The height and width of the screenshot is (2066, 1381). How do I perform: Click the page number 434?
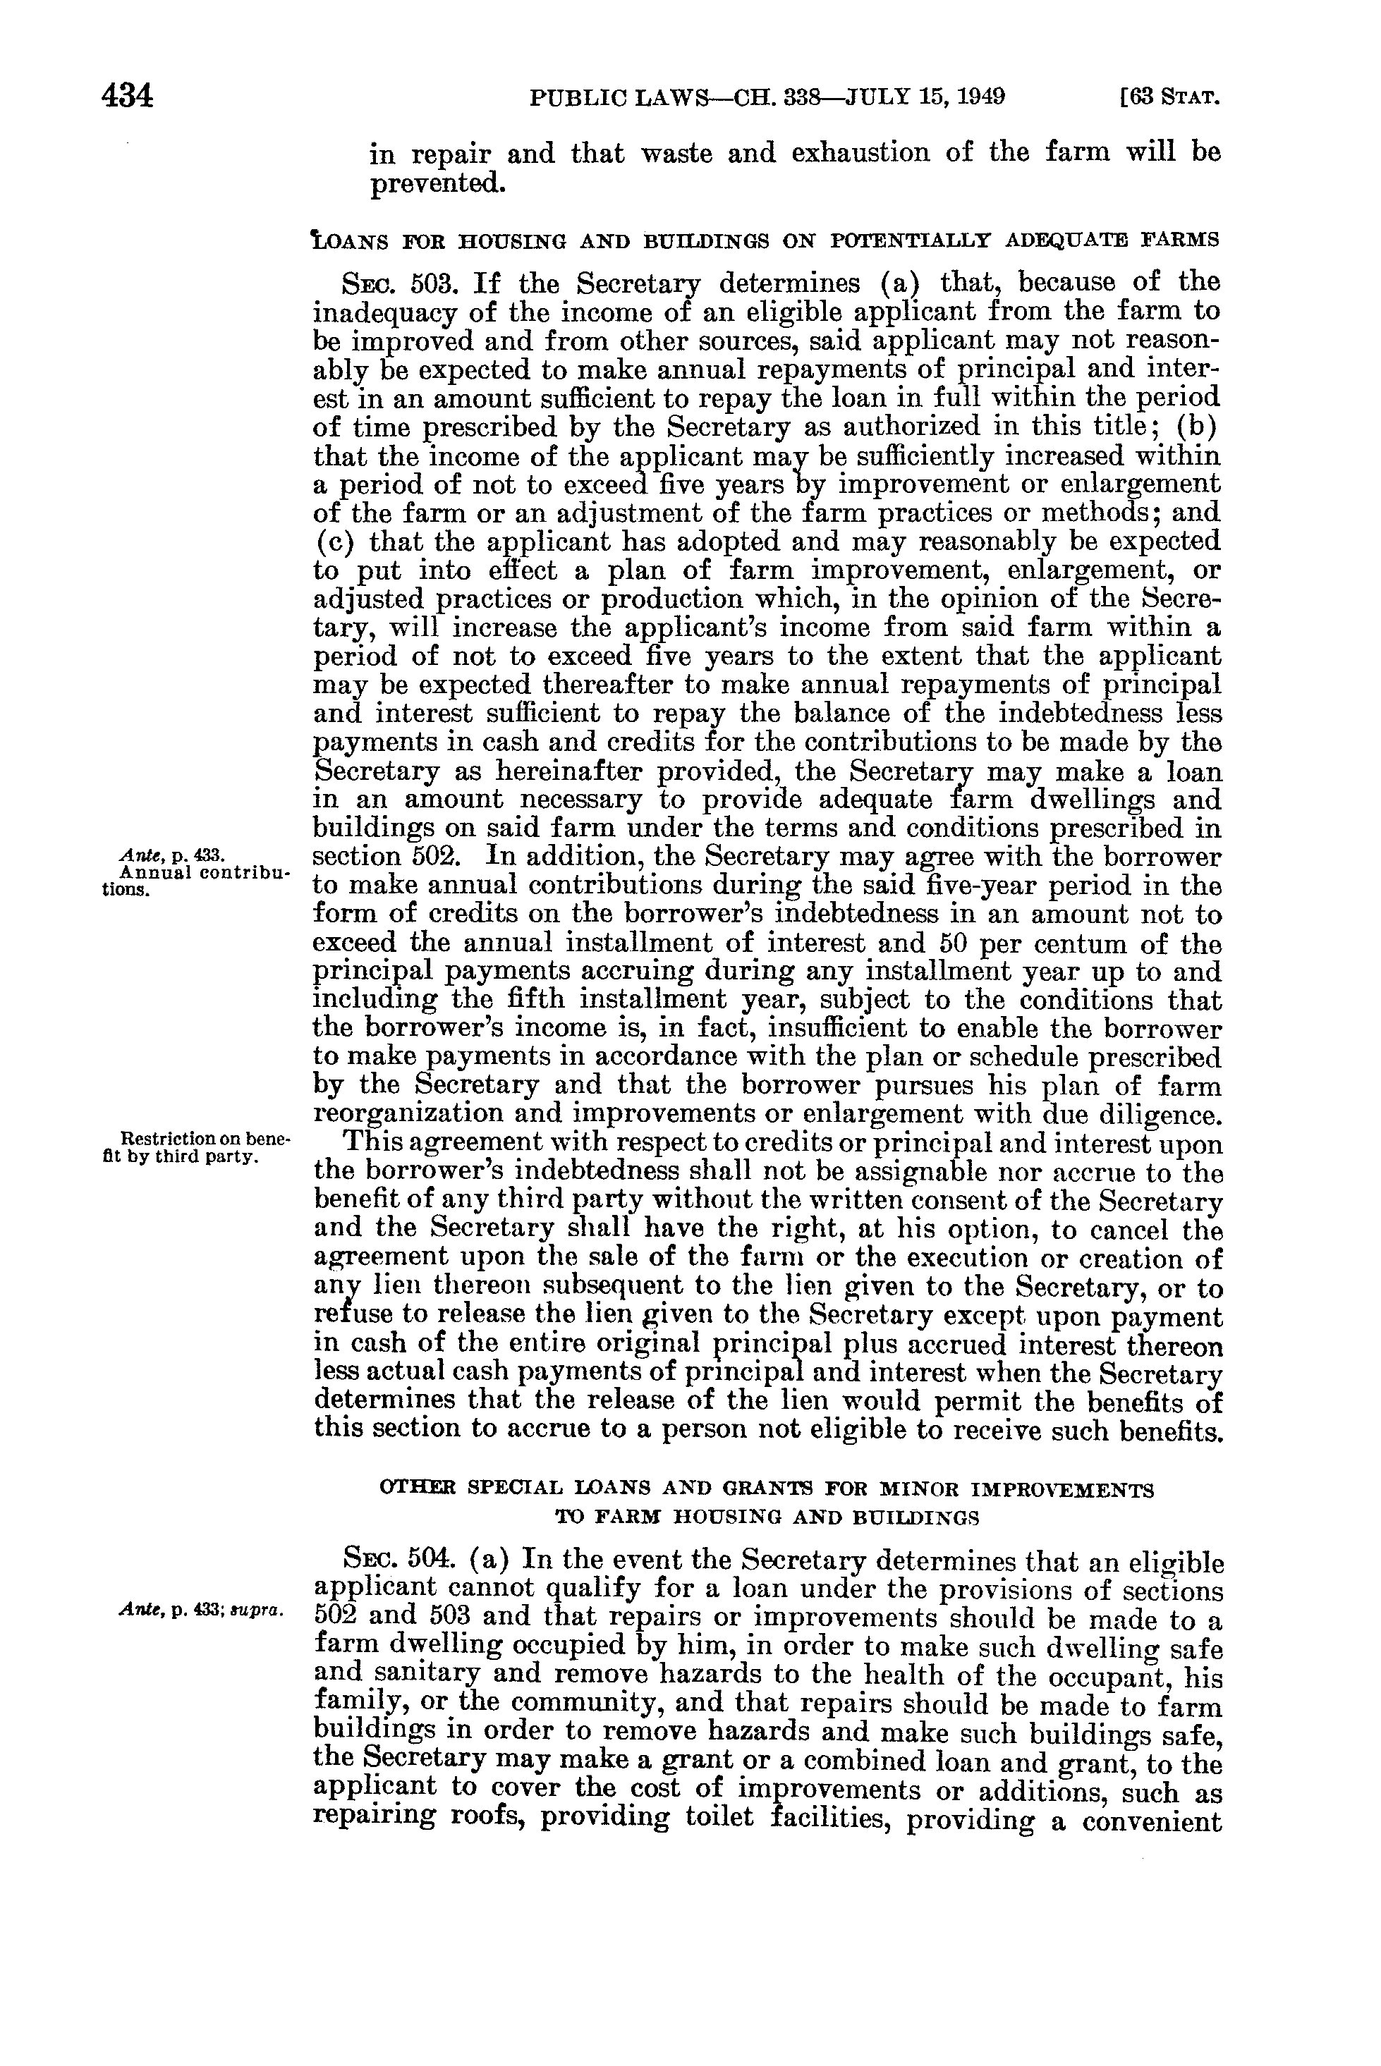pyautogui.click(x=128, y=95)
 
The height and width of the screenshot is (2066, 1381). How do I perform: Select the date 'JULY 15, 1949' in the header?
pyautogui.click(x=925, y=96)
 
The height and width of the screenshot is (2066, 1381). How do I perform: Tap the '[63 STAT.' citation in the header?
pyautogui.click(x=1167, y=96)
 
